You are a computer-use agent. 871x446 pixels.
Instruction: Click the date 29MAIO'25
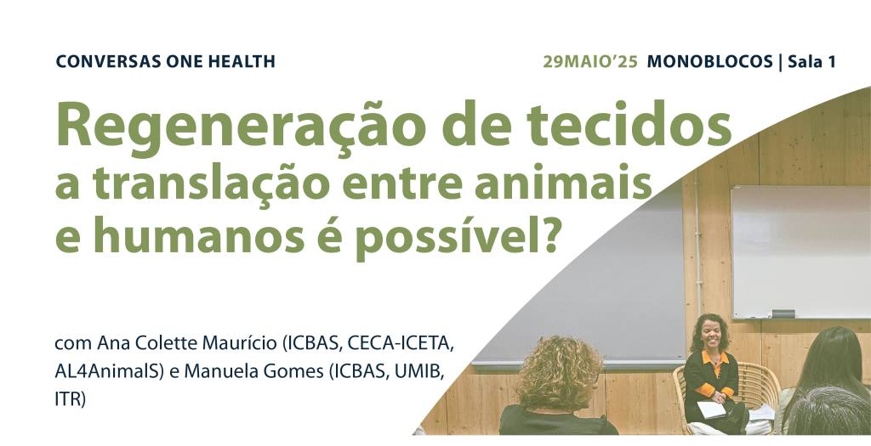pyautogui.click(x=590, y=61)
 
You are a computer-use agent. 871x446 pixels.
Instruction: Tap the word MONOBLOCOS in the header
pyautogui.click(x=710, y=61)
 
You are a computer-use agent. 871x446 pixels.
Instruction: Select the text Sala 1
pyautogui.click(x=811, y=61)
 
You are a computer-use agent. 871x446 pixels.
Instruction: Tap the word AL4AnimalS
pyautogui.click(x=110, y=372)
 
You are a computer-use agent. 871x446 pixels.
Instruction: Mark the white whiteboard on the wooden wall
pyautogui.click(x=800, y=252)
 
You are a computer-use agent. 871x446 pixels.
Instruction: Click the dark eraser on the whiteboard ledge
pyautogui.click(x=783, y=313)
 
